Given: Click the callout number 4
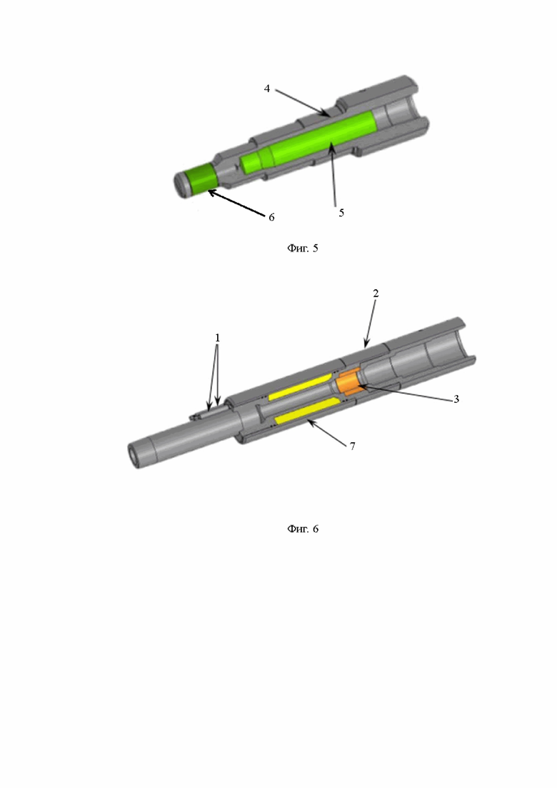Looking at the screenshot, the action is (267, 89).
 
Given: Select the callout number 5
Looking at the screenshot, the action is (341, 213).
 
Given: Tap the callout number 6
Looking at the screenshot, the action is (271, 217).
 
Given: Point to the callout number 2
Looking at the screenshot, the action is (376, 293).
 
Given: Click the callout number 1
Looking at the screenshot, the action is (218, 338).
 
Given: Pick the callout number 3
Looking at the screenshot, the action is (456, 399).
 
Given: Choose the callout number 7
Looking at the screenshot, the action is (353, 446).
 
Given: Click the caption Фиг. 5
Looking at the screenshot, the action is (302, 248).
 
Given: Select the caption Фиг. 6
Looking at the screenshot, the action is (302, 529).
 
